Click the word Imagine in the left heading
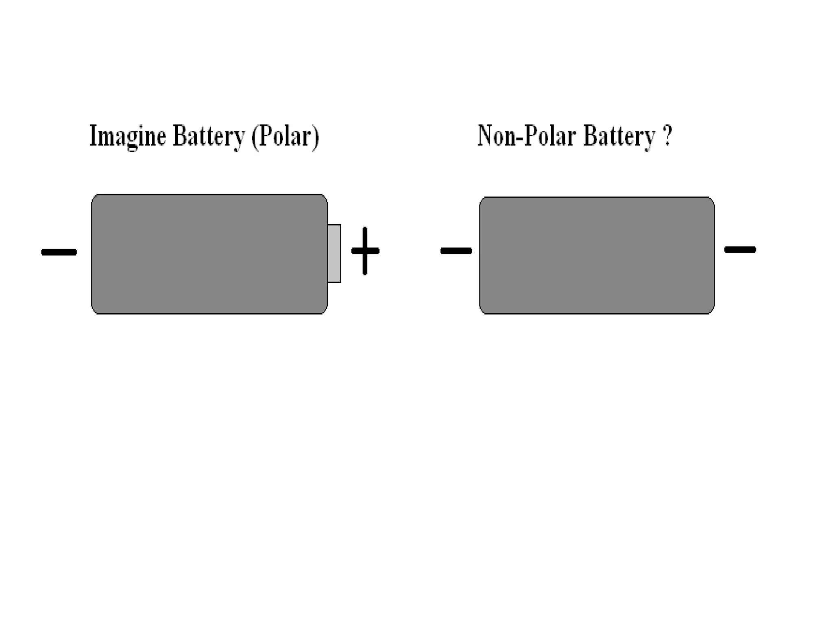(128, 136)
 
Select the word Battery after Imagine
(209, 136)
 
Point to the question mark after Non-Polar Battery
(667, 135)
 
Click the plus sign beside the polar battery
(365, 251)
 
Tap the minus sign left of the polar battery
(59, 252)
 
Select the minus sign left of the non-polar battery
(456, 251)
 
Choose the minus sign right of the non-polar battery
(740, 249)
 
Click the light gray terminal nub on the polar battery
(334, 253)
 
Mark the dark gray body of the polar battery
(209, 254)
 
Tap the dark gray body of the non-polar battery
(597, 256)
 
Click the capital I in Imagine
(93, 135)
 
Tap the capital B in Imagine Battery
(179, 135)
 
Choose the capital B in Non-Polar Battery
(590, 135)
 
